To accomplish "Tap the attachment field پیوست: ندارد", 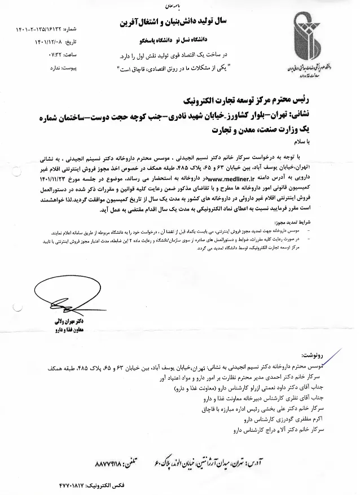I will click(56, 57).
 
